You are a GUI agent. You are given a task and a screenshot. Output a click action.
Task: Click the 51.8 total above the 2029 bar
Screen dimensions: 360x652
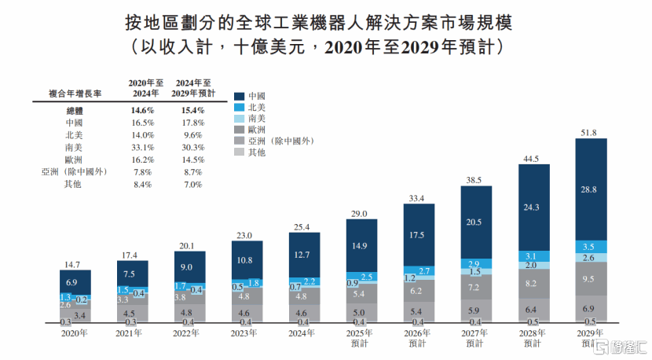pos(591,132)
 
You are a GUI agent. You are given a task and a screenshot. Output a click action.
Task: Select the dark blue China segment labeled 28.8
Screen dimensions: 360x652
pos(591,189)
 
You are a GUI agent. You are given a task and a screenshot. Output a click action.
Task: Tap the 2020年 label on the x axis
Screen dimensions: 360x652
pos(75,332)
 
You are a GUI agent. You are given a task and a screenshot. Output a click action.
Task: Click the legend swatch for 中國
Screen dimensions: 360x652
pos(240,95)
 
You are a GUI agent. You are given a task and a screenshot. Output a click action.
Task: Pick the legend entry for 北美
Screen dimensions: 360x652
pos(256,106)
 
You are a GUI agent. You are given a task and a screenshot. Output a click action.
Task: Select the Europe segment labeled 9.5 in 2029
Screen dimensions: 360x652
pos(591,278)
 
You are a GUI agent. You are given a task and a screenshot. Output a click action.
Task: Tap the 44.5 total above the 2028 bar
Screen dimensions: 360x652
pos(533,158)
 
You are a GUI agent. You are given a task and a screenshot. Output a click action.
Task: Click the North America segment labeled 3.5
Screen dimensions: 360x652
pos(591,246)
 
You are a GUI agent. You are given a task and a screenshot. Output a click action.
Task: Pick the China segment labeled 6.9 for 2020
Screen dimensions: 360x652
pos(75,281)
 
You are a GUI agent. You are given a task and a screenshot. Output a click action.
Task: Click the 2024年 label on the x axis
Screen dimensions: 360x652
pos(305,332)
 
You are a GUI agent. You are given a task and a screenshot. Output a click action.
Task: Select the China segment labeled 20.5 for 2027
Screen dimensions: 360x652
pos(476,222)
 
